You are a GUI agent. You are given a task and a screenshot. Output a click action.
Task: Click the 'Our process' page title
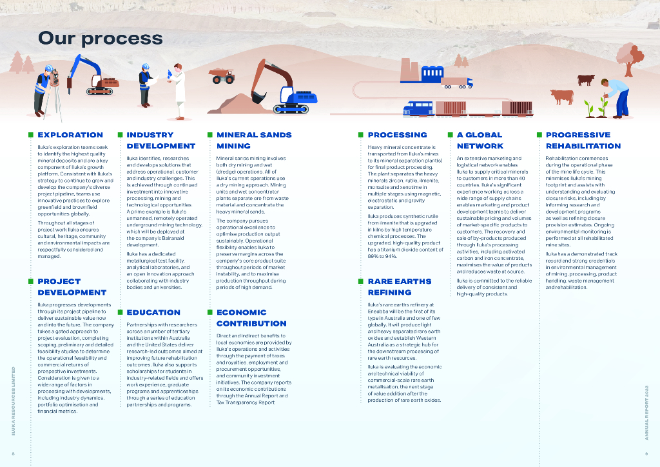click(100, 37)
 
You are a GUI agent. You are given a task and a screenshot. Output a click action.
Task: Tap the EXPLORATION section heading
click(70, 135)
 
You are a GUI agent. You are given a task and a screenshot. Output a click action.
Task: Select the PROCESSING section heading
click(397, 135)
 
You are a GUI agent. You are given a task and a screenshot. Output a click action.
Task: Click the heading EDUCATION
click(153, 312)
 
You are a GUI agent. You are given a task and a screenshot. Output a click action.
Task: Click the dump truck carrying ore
click(222, 76)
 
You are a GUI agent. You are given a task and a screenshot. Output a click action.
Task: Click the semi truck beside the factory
click(456, 82)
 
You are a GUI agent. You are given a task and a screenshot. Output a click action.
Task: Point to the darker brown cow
click(586, 79)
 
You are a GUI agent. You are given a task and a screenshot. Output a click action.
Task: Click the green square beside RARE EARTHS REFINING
click(361, 281)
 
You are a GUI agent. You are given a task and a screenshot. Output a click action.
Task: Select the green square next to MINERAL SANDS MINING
click(209, 135)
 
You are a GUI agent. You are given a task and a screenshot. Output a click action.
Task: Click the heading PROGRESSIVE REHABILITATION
click(583, 140)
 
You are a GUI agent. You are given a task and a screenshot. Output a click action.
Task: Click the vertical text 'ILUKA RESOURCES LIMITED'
click(13, 399)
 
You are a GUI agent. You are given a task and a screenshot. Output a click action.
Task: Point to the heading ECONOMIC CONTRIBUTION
click(251, 317)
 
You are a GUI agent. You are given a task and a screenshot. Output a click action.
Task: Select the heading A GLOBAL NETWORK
click(480, 140)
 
